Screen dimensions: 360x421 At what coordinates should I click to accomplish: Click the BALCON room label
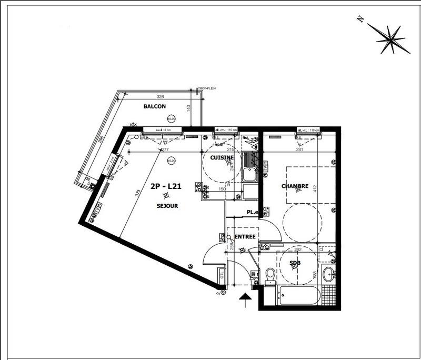point(155,106)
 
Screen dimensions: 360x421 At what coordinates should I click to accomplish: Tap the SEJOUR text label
point(167,206)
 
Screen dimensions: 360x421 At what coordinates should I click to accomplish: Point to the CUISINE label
point(222,157)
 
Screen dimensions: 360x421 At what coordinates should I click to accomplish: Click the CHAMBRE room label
point(295,186)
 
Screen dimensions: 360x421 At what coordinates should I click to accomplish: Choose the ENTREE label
point(245,237)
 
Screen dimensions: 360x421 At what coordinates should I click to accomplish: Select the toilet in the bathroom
point(270,275)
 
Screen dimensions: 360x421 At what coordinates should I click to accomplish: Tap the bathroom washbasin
point(329,274)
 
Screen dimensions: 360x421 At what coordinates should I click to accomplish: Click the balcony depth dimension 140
point(188,109)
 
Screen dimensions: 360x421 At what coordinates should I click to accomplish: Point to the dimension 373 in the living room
point(138,194)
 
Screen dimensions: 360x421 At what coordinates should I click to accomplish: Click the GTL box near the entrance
point(223,274)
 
